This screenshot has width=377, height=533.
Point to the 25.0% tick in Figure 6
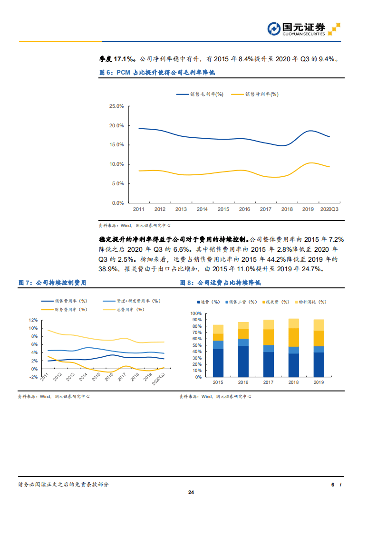click(116, 106)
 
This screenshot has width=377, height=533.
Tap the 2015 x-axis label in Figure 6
click(223, 209)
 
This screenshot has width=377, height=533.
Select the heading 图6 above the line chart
click(157, 72)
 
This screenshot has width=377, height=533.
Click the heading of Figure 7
click(52, 283)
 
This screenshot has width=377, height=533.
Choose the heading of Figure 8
click(220, 283)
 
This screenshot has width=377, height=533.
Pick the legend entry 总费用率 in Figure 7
click(130, 309)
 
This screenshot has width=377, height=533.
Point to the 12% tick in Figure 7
click(33, 320)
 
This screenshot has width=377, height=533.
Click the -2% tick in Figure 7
click(33, 377)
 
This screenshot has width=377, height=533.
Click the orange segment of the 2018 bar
click(294, 337)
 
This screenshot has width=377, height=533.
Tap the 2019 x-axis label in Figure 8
click(319, 382)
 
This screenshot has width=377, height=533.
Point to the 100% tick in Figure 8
click(196, 314)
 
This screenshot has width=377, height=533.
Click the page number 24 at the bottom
click(191, 493)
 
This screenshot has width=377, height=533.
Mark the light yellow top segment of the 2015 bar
click(218, 329)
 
